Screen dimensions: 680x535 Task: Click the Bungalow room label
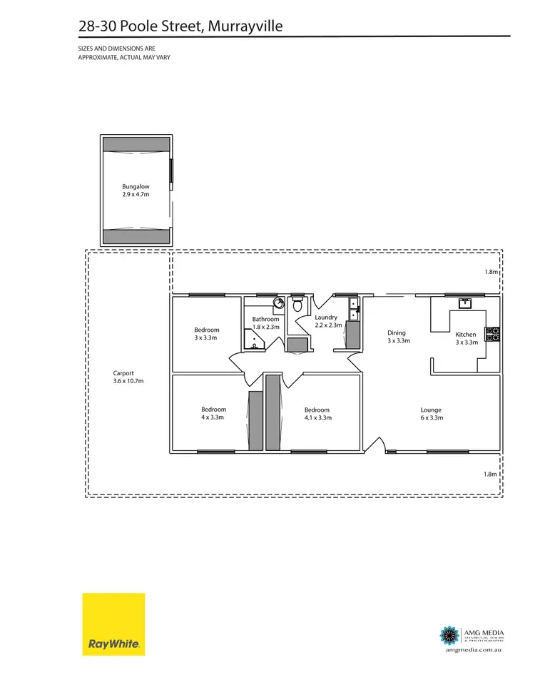[x=136, y=190]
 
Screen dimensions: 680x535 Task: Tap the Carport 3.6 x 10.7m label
[x=128, y=377]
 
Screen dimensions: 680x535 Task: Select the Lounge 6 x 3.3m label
[x=431, y=414]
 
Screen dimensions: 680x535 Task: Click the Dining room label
[x=397, y=337]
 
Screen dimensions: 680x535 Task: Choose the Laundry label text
[x=326, y=321]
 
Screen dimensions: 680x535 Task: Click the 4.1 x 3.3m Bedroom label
[x=317, y=414]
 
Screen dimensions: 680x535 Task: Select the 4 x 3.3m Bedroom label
[x=213, y=414]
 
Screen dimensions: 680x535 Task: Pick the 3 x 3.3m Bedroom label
[x=207, y=333]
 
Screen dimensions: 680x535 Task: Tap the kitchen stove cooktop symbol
[x=492, y=333]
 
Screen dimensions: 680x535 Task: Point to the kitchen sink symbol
[x=465, y=303]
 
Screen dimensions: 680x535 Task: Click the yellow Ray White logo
[x=113, y=624]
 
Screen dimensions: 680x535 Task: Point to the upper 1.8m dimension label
[x=489, y=273]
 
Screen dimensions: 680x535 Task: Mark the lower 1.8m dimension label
[x=489, y=474]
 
